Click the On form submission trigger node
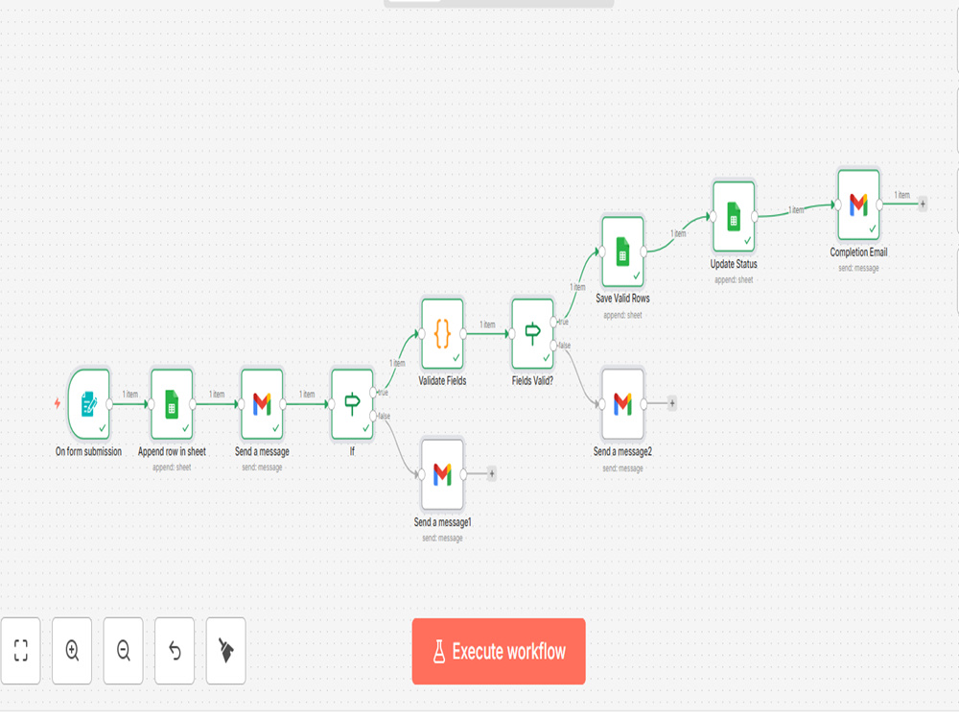[89, 403]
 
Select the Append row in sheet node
[172, 403]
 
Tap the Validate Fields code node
[442, 334]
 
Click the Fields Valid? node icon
[532, 334]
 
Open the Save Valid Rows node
[622, 252]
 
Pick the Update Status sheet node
[734, 216]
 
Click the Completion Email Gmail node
[858, 205]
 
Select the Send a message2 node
[622, 404]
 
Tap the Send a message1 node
[442, 474]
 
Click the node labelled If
[352, 403]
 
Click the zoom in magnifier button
[72, 650]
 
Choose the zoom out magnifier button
[124, 650]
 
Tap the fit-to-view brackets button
[21, 650]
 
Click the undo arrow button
[175, 650]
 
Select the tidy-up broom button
[226, 650]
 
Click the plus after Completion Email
[923, 204]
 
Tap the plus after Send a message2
[672, 403]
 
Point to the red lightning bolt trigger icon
[58, 403]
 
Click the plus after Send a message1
[492, 473]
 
